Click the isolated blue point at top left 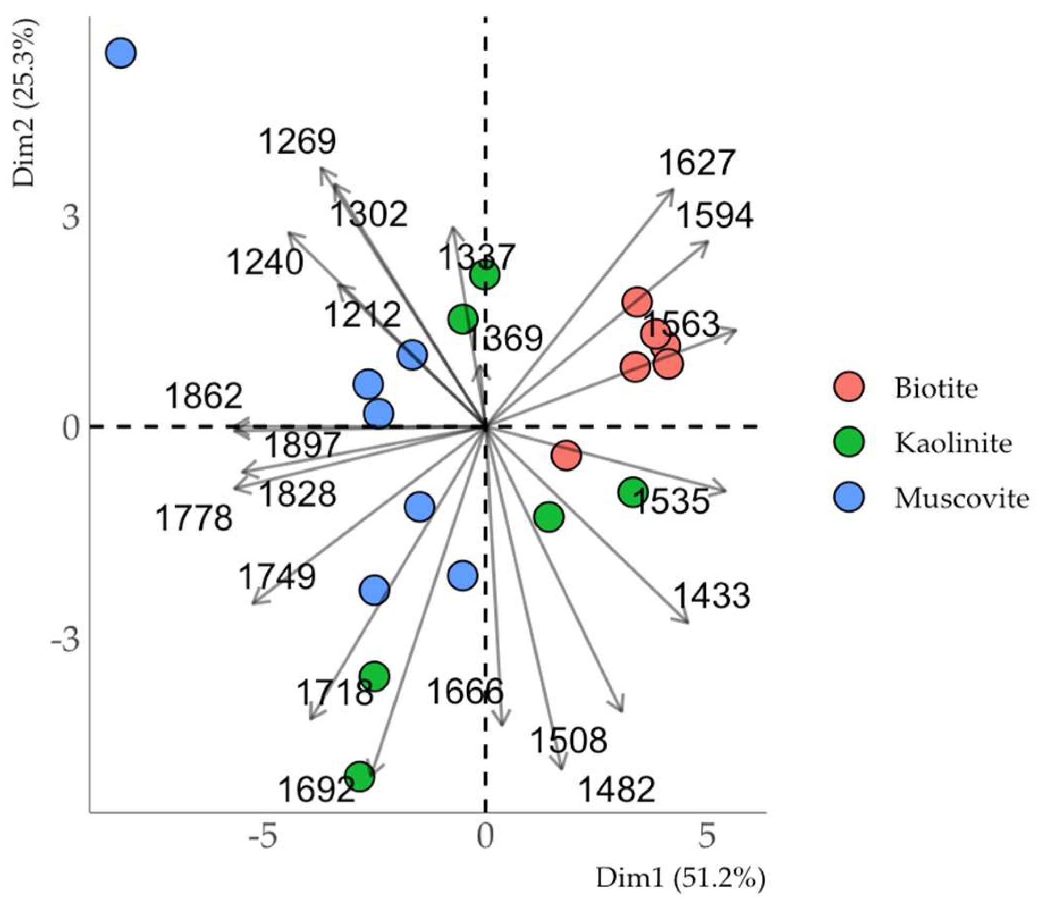pyautogui.click(x=121, y=53)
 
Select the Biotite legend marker pyautogui.click(x=849, y=387)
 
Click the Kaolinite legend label pyautogui.click(x=952, y=443)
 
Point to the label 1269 pyautogui.click(x=298, y=141)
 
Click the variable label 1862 pyautogui.click(x=204, y=397)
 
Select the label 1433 pyautogui.click(x=711, y=595)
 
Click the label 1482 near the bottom pyautogui.click(x=617, y=790)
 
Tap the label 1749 pyautogui.click(x=277, y=577)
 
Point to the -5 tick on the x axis pyautogui.click(x=264, y=837)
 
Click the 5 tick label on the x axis pyautogui.click(x=706, y=837)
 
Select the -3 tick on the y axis pyautogui.click(x=65, y=641)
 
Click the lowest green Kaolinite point pyautogui.click(x=360, y=776)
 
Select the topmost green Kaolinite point pyautogui.click(x=485, y=275)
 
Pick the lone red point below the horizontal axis pyautogui.click(x=566, y=456)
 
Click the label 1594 pyautogui.click(x=715, y=216)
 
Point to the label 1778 pyautogui.click(x=194, y=518)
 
